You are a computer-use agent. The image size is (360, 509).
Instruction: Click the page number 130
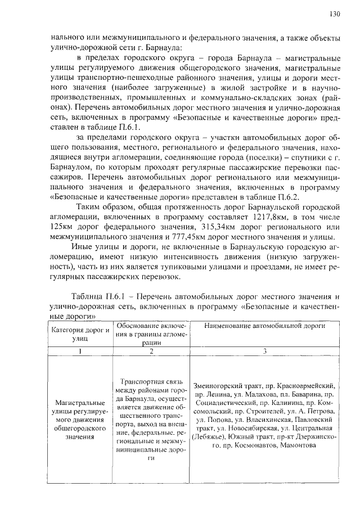point(334,13)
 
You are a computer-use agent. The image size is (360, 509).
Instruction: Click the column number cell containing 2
point(151,352)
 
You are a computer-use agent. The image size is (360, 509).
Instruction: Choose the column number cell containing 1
point(80,352)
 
